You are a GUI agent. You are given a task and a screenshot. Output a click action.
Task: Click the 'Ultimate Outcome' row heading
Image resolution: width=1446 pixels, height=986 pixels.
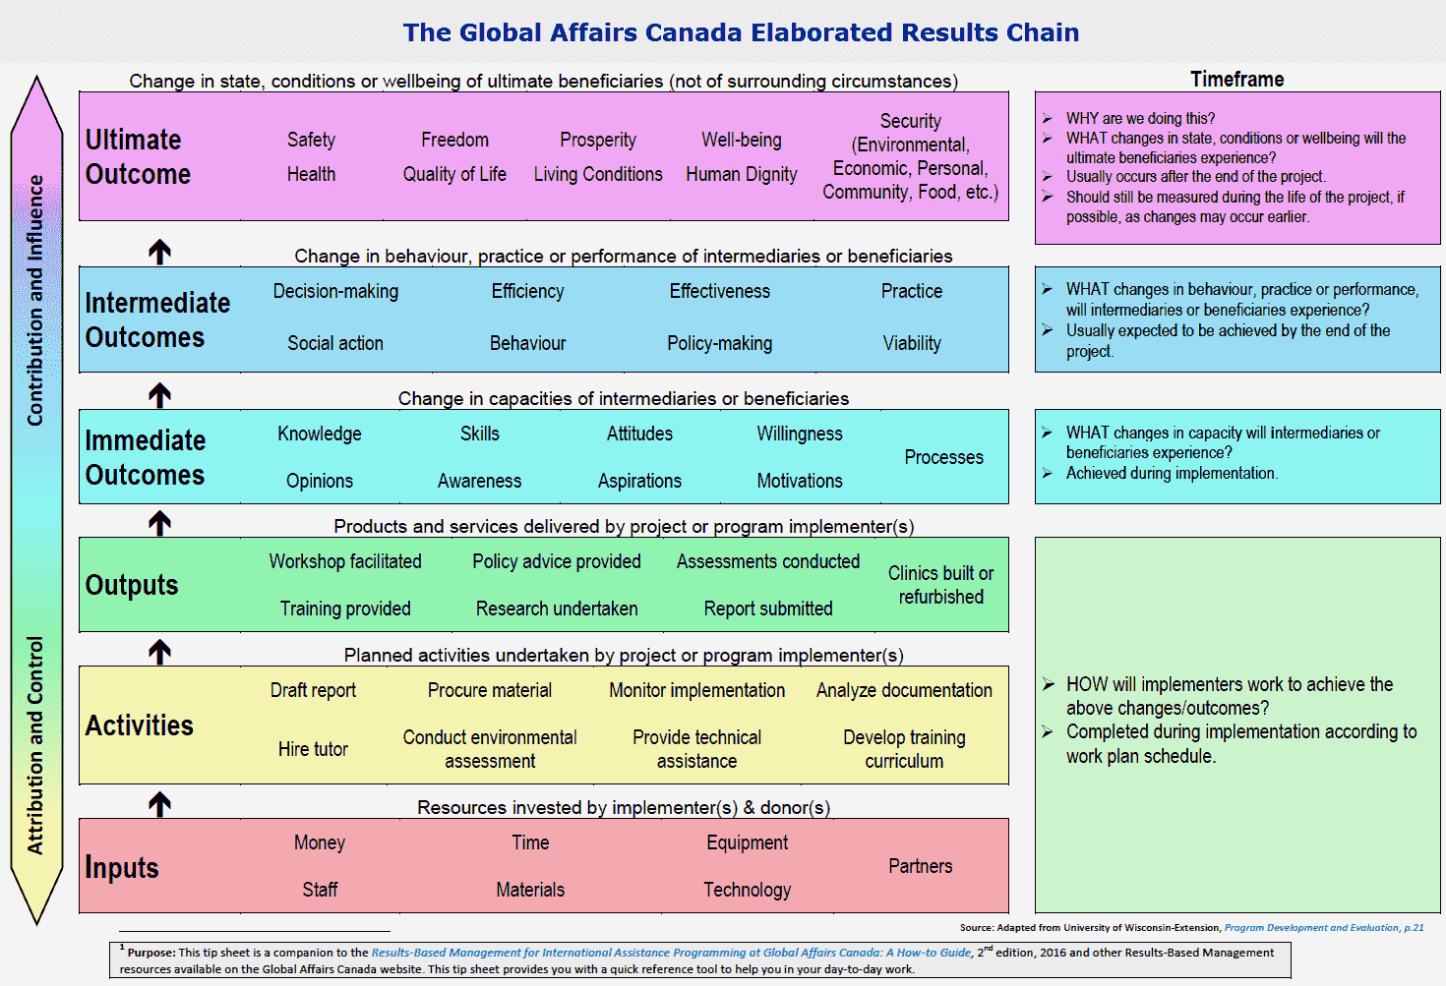pyautogui.click(x=138, y=156)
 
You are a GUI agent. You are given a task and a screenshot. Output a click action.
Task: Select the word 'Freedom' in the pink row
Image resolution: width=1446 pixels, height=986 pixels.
pyautogui.click(x=454, y=140)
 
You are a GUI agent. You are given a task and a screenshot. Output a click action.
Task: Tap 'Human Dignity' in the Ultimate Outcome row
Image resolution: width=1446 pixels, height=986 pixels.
pyautogui.click(x=742, y=174)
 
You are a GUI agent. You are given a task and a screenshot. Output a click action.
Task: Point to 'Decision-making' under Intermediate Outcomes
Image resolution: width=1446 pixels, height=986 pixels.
pyautogui.click(x=335, y=291)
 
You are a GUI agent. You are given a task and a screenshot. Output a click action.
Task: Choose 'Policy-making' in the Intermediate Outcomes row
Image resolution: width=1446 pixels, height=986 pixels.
pyautogui.click(x=719, y=343)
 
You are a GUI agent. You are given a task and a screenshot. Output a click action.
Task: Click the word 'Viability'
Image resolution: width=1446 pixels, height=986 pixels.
pyautogui.click(x=912, y=343)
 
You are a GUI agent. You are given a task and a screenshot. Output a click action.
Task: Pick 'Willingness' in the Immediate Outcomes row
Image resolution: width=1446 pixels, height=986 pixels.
pyautogui.click(x=800, y=434)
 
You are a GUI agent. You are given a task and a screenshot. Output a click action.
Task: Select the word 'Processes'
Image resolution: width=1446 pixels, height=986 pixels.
pyautogui.click(x=943, y=457)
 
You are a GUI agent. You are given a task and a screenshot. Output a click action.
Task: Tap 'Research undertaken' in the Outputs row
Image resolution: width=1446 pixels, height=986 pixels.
pyautogui.click(x=557, y=609)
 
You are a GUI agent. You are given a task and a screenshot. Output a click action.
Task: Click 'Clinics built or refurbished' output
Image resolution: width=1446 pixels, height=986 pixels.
pyautogui.click(x=940, y=585)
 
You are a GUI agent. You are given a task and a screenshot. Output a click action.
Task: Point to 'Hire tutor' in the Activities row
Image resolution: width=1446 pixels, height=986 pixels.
pyautogui.click(x=313, y=749)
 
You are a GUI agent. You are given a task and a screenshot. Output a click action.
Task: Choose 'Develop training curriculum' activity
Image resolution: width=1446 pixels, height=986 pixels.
pyautogui.click(x=904, y=749)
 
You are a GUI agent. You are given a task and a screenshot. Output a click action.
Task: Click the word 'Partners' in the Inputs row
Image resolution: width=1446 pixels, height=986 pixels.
pyautogui.click(x=921, y=866)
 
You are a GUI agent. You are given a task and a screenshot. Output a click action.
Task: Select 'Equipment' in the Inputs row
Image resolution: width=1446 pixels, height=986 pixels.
pyautogui.click(x=747, y=842)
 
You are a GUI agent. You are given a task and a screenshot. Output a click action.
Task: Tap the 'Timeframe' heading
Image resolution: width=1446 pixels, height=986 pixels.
pyautogui.click(x=1236, y=80)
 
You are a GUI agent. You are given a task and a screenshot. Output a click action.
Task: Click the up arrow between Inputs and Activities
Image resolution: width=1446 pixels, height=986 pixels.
pyautogui.click(x=159, y=803)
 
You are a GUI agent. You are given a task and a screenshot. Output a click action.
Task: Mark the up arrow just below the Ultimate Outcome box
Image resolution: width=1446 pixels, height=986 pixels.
pyautogui.click(x=159, y=252)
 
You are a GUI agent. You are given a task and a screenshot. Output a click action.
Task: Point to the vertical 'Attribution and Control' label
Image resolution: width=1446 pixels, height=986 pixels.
pyautogui.click(x=36, y=745)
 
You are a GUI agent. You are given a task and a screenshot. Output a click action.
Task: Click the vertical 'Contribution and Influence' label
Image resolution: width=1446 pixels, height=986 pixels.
pyautogui.click(x=36, y=300)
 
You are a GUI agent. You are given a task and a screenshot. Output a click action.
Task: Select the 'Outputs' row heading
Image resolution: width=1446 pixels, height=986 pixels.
pyautogui.click(x=132, y=585)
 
